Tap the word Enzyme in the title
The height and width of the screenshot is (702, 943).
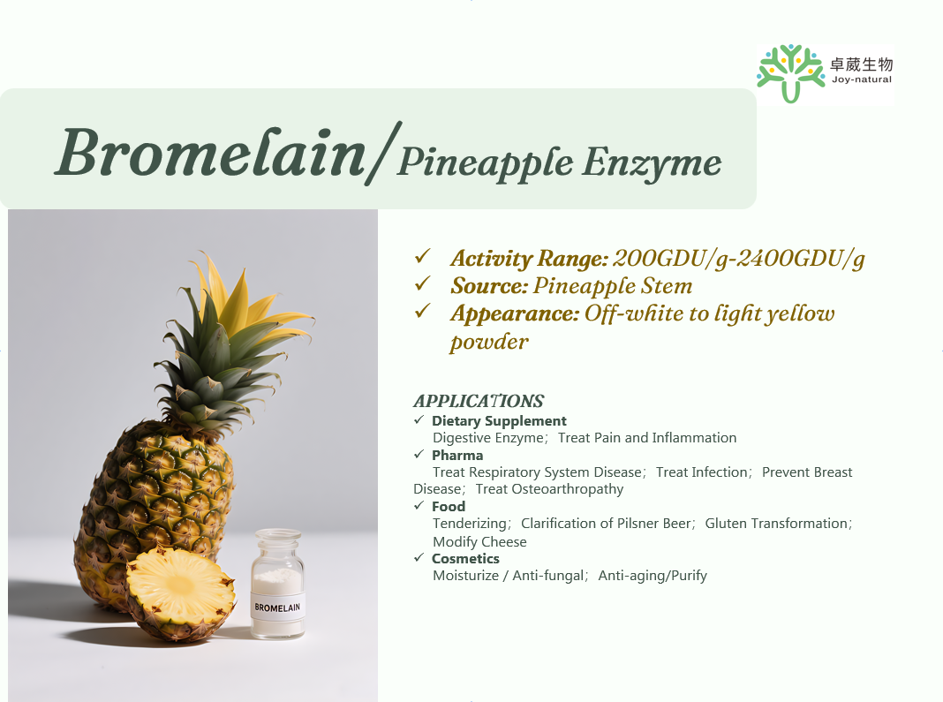652,162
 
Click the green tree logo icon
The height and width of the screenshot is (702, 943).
790,72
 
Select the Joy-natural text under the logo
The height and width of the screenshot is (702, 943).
861,79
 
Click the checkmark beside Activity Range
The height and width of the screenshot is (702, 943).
422,256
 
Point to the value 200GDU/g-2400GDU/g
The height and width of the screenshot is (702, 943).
738,259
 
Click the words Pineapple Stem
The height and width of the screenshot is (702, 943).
612,286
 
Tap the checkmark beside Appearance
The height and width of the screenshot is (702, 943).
422,311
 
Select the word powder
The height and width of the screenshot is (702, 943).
489,343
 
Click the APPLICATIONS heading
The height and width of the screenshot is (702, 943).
479,401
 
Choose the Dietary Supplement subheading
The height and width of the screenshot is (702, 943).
499,421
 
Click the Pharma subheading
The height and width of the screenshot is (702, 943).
457,456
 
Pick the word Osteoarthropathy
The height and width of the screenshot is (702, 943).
567,489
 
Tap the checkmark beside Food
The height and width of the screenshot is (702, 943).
419,505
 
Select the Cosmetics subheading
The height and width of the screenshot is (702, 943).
465,559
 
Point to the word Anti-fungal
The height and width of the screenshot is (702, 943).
548,576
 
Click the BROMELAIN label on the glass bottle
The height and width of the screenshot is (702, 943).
277,608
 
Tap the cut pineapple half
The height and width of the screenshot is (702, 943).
180,593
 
